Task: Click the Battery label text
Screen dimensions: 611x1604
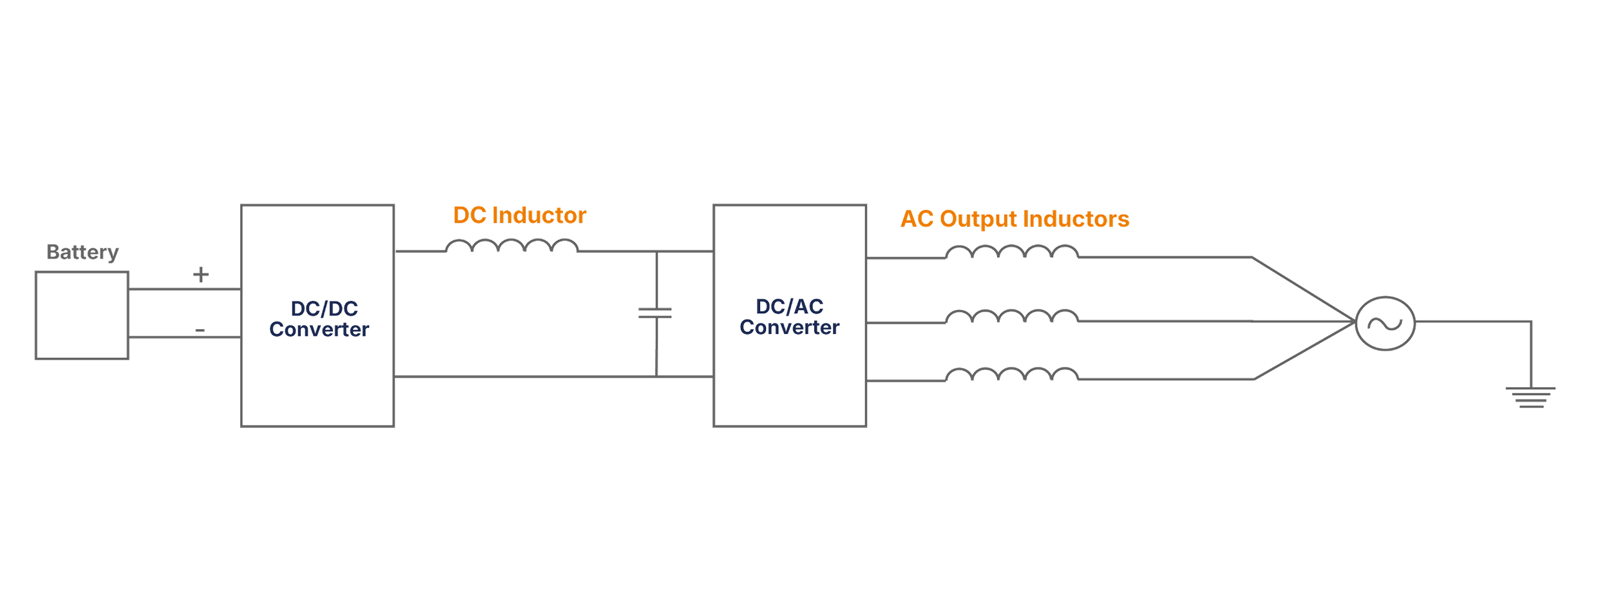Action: pyautogui.click(x=82, y=252)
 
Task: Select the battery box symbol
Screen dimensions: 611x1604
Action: pyautogui.click(x=82, y=315)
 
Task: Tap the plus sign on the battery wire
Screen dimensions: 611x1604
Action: pyautogui.click(x=201, y=275)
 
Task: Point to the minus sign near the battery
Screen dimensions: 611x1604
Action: pyautogui.click(x=200, y=331)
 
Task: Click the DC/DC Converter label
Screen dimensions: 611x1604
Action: pyautogui.click(x=320, y=318)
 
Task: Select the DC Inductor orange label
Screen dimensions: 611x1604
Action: pyautogui.click(x=519, y=215)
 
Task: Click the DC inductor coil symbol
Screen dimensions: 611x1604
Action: pyautogui.click(x=511, y=246)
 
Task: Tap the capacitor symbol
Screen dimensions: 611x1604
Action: pyautogui.click(x=656, y=313)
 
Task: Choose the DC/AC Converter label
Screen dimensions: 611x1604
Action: pyautogui.click(x=790, y=316)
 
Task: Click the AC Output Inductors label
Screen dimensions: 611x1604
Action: pyautogui.click(x=1015, y=219)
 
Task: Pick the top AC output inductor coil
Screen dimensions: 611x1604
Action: pyautogui.click(x=1012, y=252)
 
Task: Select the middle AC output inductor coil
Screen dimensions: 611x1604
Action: pyautogui.click(x=1012, y=316)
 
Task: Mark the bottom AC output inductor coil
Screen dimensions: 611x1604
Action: pyautogui.click(x=1012, y=374)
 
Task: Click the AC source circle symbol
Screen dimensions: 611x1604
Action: pyautogui.click(x=1385, y=324)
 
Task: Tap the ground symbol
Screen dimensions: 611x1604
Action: pyautogui.click(x=1531, y=397)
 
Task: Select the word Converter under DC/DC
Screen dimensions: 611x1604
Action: pyautogui.click(x=320, y=329)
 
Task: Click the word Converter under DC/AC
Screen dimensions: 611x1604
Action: pyautogui.click(x=790, y=327)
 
